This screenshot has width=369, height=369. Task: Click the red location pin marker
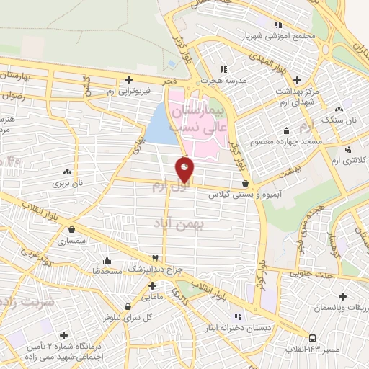(184, 170)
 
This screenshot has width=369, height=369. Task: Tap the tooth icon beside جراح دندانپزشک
(154, 258)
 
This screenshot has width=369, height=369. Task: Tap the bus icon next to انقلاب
(311, 338)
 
